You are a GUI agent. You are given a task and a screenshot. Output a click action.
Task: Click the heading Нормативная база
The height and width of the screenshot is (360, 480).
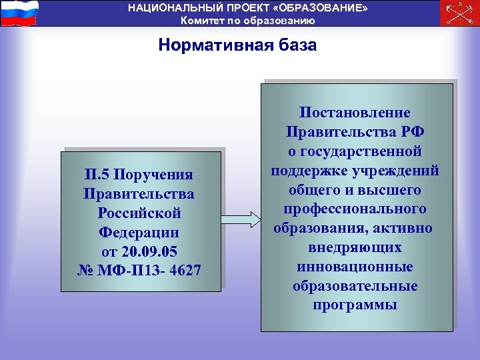pos(238,45)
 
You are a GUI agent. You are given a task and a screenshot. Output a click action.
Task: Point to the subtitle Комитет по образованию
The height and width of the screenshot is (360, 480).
pos(248,20)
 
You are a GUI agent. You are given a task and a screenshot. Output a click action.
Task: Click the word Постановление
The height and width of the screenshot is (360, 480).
pos(355,113)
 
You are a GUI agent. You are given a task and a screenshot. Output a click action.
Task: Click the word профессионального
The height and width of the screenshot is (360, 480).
pos(355,209)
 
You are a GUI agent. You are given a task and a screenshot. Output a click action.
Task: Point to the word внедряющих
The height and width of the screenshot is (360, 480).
pos(355,248)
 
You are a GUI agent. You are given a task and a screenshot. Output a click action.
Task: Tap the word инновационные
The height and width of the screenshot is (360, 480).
pos(355,267)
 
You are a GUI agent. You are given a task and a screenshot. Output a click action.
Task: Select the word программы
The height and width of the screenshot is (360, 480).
pos(355,305)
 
